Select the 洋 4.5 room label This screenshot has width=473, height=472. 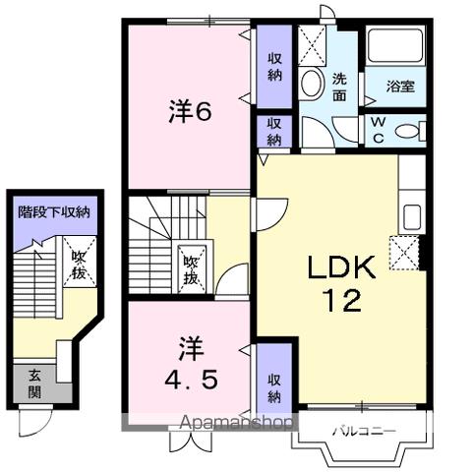click(186, 362)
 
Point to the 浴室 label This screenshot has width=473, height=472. click(400, 87)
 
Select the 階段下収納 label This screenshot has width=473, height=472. click(55, 211)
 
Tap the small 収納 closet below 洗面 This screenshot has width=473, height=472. click(274, 131)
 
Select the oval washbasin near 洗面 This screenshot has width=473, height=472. click(314, 86)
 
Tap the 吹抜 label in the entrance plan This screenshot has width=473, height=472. click(80, 265)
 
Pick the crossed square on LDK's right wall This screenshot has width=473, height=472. click(404, 254)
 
